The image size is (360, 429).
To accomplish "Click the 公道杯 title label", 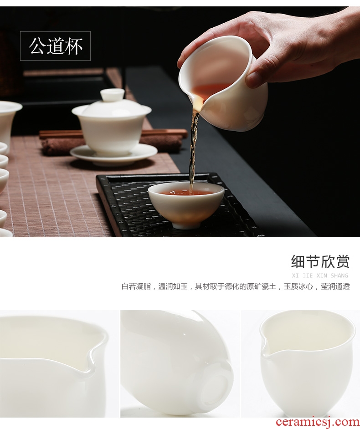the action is click(x=55, y=46).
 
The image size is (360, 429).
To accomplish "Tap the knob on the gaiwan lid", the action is click(x=112, y=94).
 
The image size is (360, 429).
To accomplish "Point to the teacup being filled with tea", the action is click(x=186, y=204).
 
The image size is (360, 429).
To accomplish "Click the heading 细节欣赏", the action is click(x=320, y=261).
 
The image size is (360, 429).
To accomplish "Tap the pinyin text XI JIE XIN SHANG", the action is click(x=320, y=276).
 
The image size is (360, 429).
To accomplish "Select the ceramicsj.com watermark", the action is click(x=318, y=423).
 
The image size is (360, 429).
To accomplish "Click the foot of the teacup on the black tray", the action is click(x=186, y=225).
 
